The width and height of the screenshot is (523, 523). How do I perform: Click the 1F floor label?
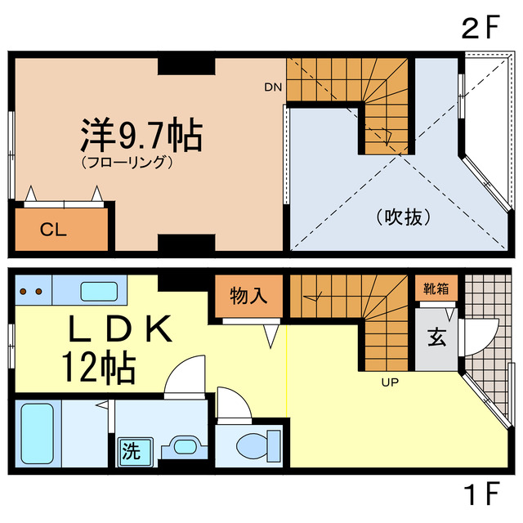coord(479,495)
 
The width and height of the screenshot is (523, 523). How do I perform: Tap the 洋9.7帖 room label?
coord(141,134)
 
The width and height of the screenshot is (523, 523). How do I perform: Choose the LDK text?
coord(120,329)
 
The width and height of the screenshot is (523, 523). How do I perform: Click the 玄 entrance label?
coord(435,337)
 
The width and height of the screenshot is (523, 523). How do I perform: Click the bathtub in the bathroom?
coord(36,431)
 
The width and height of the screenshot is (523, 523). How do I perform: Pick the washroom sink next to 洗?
coord(182,448)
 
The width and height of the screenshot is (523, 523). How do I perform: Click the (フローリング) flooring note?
coord(127,162)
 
